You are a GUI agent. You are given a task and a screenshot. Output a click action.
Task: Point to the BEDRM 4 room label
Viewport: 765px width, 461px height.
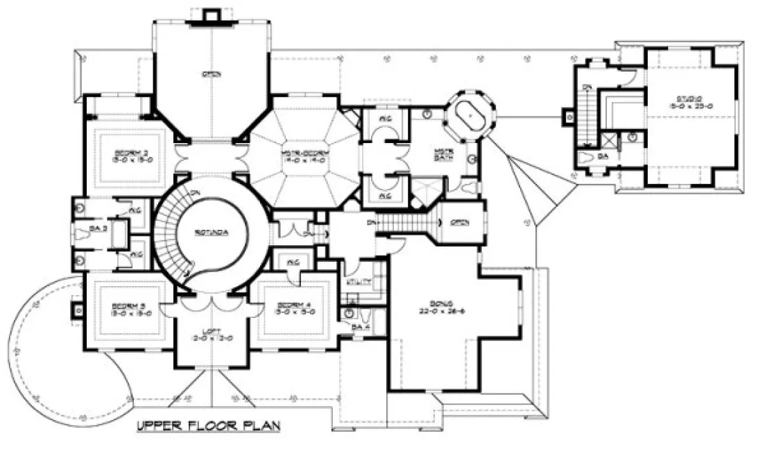(x=295, y=305)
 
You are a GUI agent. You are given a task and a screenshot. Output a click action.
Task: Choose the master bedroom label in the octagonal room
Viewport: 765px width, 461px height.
(x=304, y=153)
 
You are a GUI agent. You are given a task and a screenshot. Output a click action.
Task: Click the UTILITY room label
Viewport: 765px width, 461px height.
(x=363, y=283)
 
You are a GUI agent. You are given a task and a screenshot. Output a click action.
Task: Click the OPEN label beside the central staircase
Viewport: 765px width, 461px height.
(x=459, y=222)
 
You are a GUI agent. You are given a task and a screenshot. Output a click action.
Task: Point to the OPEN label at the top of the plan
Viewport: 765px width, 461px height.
(x=208, y=74)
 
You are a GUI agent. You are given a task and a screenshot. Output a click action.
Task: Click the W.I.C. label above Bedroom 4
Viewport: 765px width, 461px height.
(x=292, y=262)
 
